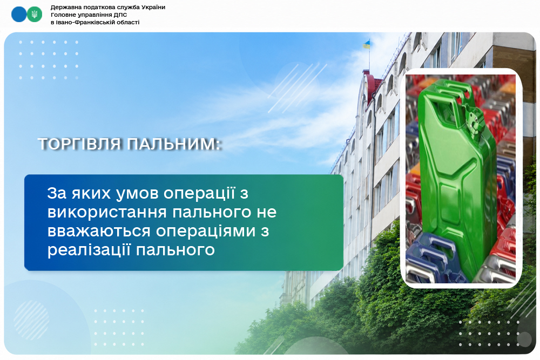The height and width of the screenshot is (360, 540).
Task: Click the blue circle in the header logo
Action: pos(19,15)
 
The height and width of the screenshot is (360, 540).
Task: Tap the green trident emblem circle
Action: pos(35,15)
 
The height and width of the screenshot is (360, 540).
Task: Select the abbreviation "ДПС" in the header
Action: pos(120,15)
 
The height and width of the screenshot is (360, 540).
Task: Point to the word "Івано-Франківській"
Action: pos(79,22)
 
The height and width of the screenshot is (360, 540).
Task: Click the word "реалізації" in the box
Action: pos(89,250)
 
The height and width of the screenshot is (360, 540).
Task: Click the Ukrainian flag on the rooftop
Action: pos(366,44)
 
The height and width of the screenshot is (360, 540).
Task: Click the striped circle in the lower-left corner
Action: pos(31,320)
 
